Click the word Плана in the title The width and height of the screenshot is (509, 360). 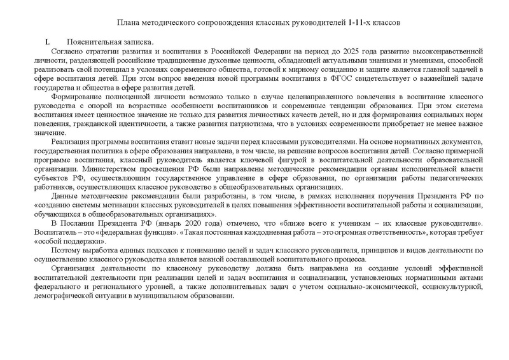click(x=120, y=22)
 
